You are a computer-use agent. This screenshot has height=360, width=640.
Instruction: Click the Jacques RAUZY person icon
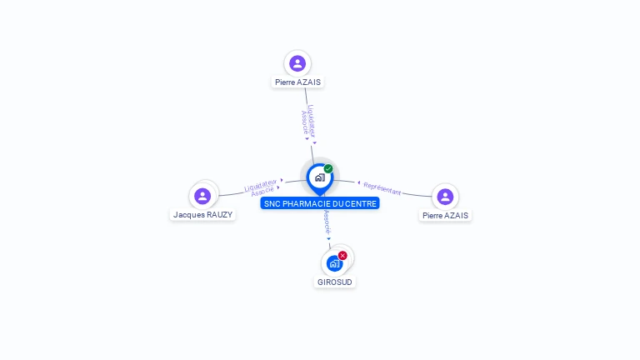[x=202, y=196]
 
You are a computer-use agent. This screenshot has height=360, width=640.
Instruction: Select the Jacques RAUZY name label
[x=202, y=214]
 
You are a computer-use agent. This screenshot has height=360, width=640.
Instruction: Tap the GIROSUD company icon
[x=333, y=264]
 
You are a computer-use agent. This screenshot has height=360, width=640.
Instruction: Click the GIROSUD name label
[x=335, y=282]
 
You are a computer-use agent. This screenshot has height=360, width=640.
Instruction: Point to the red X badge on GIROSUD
[x=342, y=256]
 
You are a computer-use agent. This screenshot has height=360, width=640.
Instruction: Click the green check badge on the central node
[x=328, y=169]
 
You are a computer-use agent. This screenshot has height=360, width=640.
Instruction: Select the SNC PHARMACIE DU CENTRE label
[x=320, y=203]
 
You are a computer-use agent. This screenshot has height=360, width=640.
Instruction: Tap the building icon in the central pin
[x=319, y=177]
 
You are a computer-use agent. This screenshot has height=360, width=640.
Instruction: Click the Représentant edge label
[x=382, y=188]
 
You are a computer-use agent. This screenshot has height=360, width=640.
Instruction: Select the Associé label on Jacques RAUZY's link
[x=262, y=190]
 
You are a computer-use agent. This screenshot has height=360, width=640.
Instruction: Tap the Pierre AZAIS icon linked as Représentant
[x=445, y=197]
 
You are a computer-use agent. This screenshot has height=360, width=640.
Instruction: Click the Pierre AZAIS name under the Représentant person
[x=445, y=215]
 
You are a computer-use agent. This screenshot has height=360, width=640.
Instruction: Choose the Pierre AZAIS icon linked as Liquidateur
[x=297, y=63]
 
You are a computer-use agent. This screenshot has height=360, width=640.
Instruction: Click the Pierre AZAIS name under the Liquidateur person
[x=297, y=82]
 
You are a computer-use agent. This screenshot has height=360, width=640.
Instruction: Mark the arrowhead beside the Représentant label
[x=358, y=182]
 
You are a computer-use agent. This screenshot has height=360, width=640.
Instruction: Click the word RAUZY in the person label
[x=219, y=214]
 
